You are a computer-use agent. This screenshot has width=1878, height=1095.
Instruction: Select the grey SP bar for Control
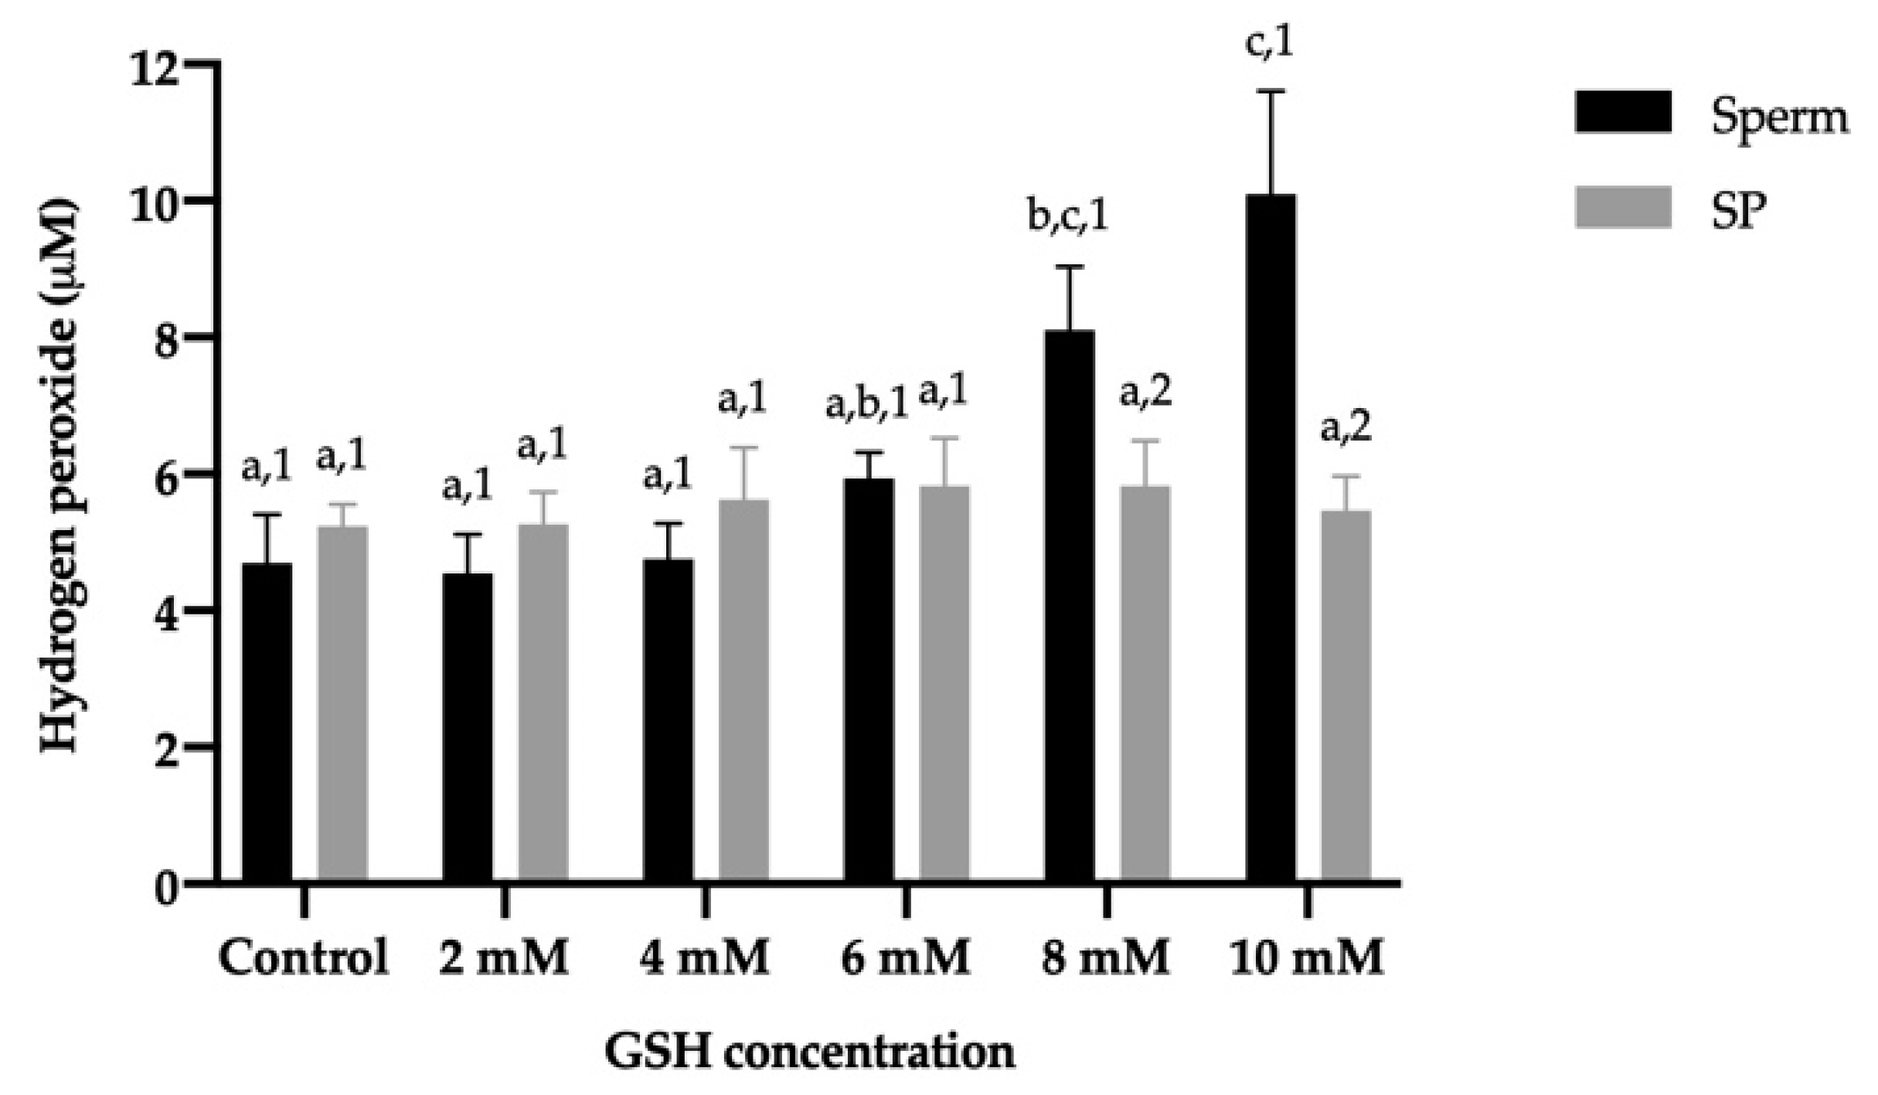(x=342, y=703)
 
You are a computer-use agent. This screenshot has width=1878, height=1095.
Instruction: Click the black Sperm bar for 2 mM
(x=468, y=726)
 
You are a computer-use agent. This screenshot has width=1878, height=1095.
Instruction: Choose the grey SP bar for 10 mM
(x=1346, y=695)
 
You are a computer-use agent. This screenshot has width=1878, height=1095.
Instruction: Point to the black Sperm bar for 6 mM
(x=869, y=680)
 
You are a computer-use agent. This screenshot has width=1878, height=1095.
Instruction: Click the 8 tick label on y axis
(x=170, y=338)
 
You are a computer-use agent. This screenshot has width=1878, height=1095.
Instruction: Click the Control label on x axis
(x=304, y=958)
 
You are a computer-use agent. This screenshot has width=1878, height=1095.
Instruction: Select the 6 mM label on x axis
(x=905, y=958)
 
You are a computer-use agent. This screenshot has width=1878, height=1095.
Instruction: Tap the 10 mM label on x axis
(x=1306, y=958)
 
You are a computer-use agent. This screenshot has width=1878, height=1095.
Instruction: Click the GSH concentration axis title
(x=809, y=1052)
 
